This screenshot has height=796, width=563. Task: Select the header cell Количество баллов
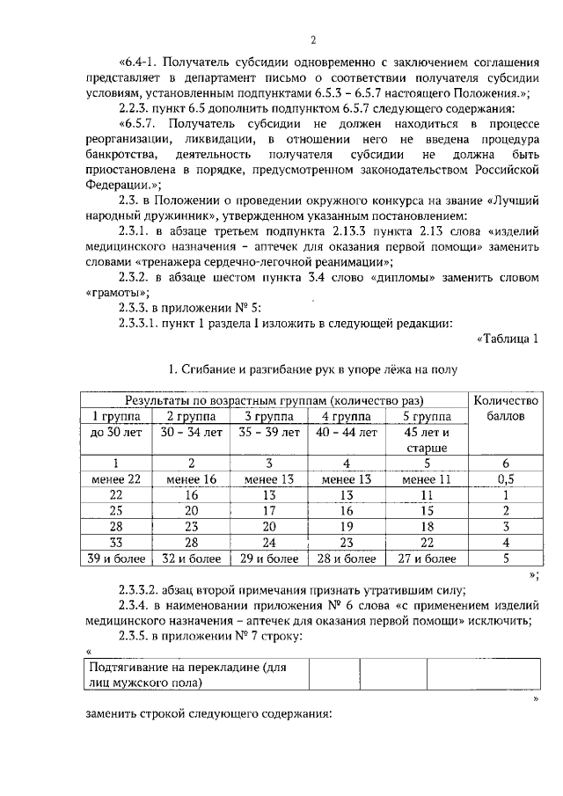[x=504, y=407]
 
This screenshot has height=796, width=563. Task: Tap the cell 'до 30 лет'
[x=116, y=432]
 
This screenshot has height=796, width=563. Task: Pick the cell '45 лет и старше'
[x=426, y=440]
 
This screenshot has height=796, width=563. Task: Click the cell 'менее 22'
[x=116, y=479]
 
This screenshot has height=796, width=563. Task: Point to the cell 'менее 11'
[x=426, y=479]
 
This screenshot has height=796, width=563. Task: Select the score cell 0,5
[x=505, y=479]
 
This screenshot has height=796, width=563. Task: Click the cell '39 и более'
[x=116, y=559]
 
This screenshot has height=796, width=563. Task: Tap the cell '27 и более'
[x=426, y=559]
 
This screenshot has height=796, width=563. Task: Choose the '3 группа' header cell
[x=267, y=416]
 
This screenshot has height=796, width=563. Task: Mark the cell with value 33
[x=116, y=543]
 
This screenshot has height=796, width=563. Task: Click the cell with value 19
[x=347, y=527]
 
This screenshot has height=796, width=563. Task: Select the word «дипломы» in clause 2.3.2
[x=382, y=278]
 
